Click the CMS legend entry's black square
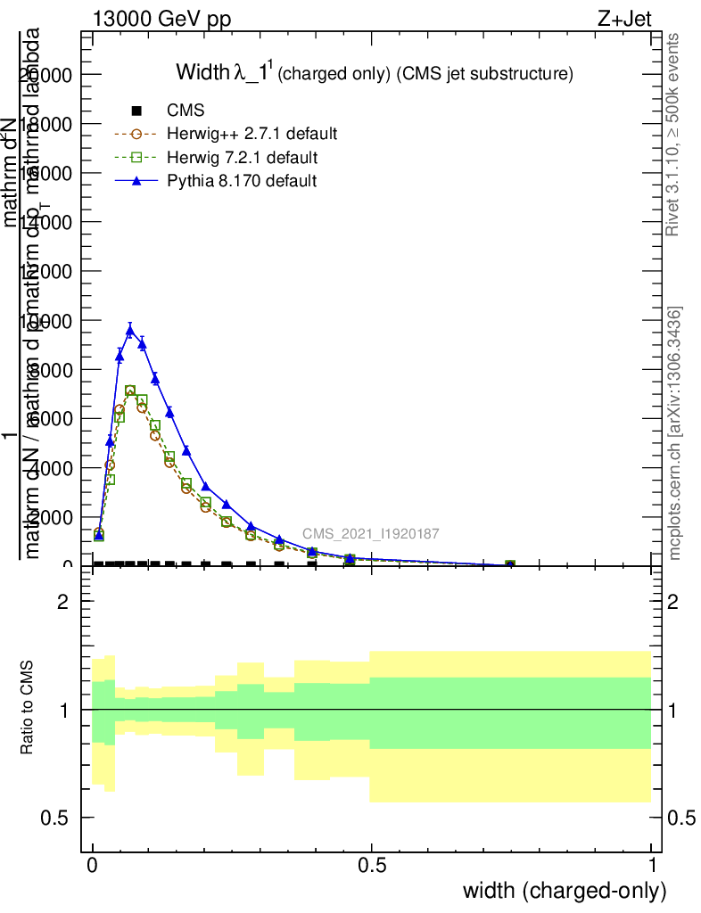[x=136, y=111]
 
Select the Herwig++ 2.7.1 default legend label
[x=252, y=135]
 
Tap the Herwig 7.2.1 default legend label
[x=242, y=158]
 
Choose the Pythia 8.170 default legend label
[x=242, y=182]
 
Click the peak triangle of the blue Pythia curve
[x=130, y=331]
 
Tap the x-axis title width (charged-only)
[x=565, y=890]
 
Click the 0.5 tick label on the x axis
[x=372, y=864]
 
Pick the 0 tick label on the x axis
[x=93, y=864]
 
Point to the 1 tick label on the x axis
[x=652, y=864]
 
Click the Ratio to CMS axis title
[x=27, y=710]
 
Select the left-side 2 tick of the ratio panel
[x=62, y=602]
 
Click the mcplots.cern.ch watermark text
[x=675, y=433]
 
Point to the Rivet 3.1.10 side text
[x=673, y=135]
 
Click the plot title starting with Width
[x=374, y=73]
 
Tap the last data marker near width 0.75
[x=510, y=564]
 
